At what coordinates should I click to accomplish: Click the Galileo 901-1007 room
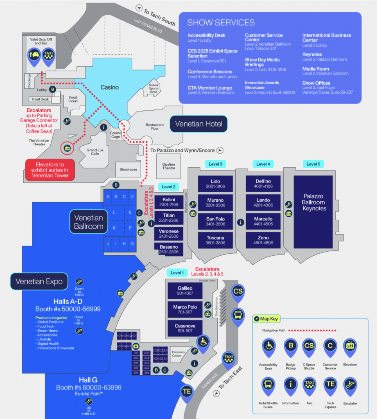tap(185, 291)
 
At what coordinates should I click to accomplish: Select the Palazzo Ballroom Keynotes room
tap(314, 202)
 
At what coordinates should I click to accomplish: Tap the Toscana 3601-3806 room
tap(215, 240)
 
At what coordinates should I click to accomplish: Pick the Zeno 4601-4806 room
tap(263, 240)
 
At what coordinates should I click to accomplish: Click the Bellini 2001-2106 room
tap(168, 202)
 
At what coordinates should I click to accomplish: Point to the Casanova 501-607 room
tap(185, 328)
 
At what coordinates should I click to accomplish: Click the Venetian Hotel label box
tap(199, 124)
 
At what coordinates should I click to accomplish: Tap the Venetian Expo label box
tap(39, 281)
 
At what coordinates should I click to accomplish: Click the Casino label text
tap(110, 87)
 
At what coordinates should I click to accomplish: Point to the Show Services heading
tap(221, 23)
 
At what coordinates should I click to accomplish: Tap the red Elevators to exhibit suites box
tap(50, 169)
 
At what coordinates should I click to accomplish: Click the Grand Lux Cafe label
tap(95, 152)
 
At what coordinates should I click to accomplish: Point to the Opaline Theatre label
tap(168, 165)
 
